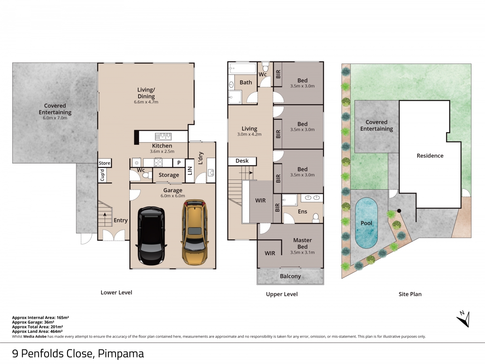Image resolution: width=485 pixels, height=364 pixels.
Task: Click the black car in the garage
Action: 152,236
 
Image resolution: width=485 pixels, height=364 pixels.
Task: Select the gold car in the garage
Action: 194,232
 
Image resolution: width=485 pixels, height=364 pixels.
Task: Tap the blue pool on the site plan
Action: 366,223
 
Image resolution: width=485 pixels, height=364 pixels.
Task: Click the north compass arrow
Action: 464,320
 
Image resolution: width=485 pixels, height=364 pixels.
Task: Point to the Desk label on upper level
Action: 242,161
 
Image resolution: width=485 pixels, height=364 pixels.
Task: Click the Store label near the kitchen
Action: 104,163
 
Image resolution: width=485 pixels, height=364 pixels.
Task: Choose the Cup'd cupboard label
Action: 102,175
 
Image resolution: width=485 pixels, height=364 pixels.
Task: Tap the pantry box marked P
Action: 179,163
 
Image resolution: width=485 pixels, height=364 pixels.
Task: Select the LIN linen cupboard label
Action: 190,171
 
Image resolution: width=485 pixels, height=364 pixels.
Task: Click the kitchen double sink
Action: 163,136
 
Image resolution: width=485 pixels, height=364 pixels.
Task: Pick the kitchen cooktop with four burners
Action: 158,163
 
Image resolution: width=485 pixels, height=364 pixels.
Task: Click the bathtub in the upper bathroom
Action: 242,68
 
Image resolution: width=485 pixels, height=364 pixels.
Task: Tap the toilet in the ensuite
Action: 316,218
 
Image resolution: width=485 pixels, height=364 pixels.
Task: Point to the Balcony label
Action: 290,276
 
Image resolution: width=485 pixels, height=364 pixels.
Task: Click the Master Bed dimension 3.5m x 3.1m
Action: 302,252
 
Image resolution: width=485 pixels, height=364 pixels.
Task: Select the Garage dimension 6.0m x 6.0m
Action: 173,196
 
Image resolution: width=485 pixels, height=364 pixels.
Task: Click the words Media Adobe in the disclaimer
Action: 35,336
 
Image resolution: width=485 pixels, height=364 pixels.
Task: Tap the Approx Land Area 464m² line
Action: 37,332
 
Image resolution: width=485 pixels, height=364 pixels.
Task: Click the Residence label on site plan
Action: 430,156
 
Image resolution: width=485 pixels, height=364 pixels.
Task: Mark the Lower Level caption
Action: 116,292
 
